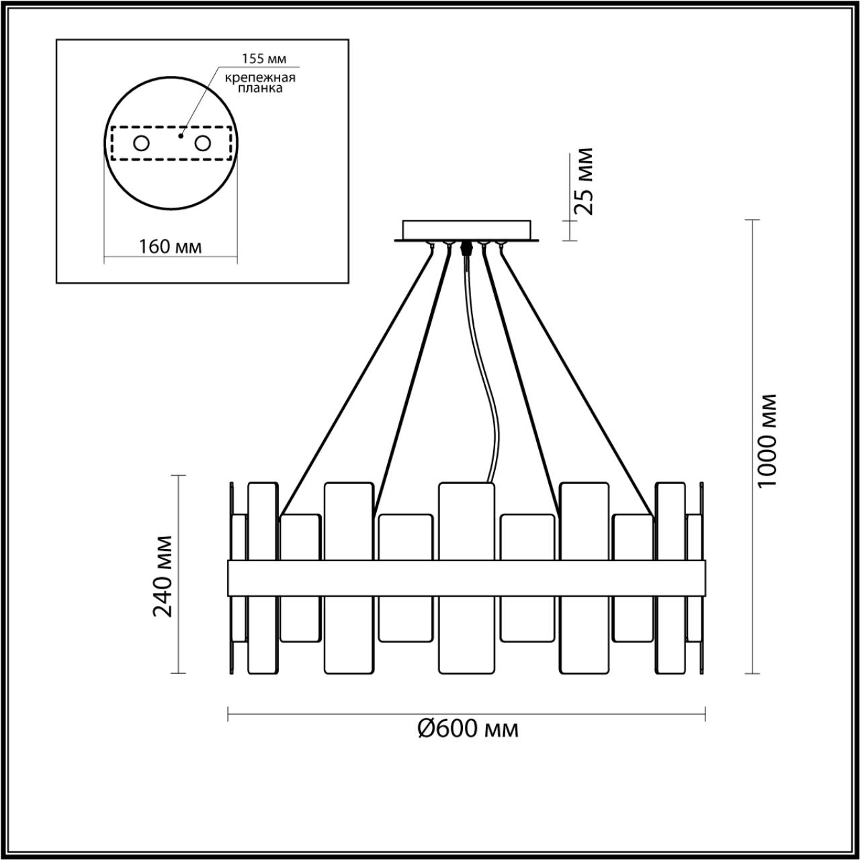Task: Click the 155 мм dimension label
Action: (264, 58)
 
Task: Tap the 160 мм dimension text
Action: (171, 247)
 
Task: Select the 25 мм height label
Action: (583, 181)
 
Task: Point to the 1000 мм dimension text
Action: (767, 441)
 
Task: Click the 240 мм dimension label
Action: (163, 576)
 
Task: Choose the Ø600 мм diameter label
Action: (468, 729)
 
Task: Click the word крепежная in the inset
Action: (260, 78)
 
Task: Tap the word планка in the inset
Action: (260, 89)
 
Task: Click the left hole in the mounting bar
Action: (142, 144)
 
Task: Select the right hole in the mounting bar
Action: (203, 144)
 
